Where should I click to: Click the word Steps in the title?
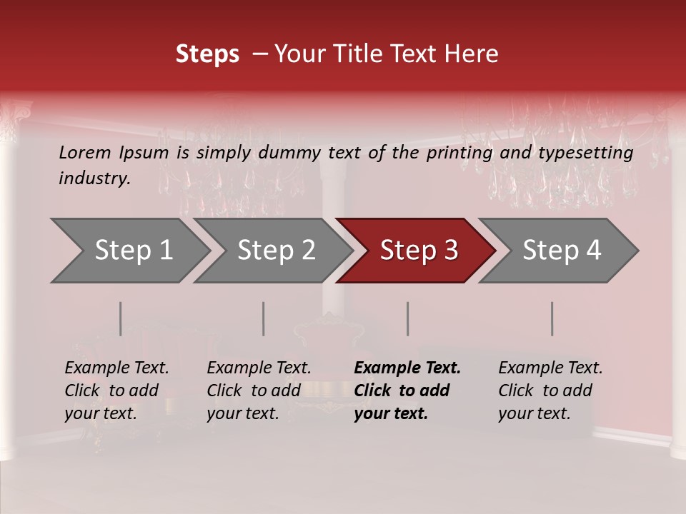(207, 54)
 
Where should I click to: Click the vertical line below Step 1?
(121, 318)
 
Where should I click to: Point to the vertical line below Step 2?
(264, 318)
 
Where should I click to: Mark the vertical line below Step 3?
(408, 318)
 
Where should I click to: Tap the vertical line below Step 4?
(552, 318)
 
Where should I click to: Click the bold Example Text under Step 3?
(407, 368)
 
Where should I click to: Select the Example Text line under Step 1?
(116, 368)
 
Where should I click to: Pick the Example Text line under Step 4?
(550, 368)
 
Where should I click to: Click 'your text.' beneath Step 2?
(242, 413)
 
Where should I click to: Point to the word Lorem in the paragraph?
(85, 153)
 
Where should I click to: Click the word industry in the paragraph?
(94, 178)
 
